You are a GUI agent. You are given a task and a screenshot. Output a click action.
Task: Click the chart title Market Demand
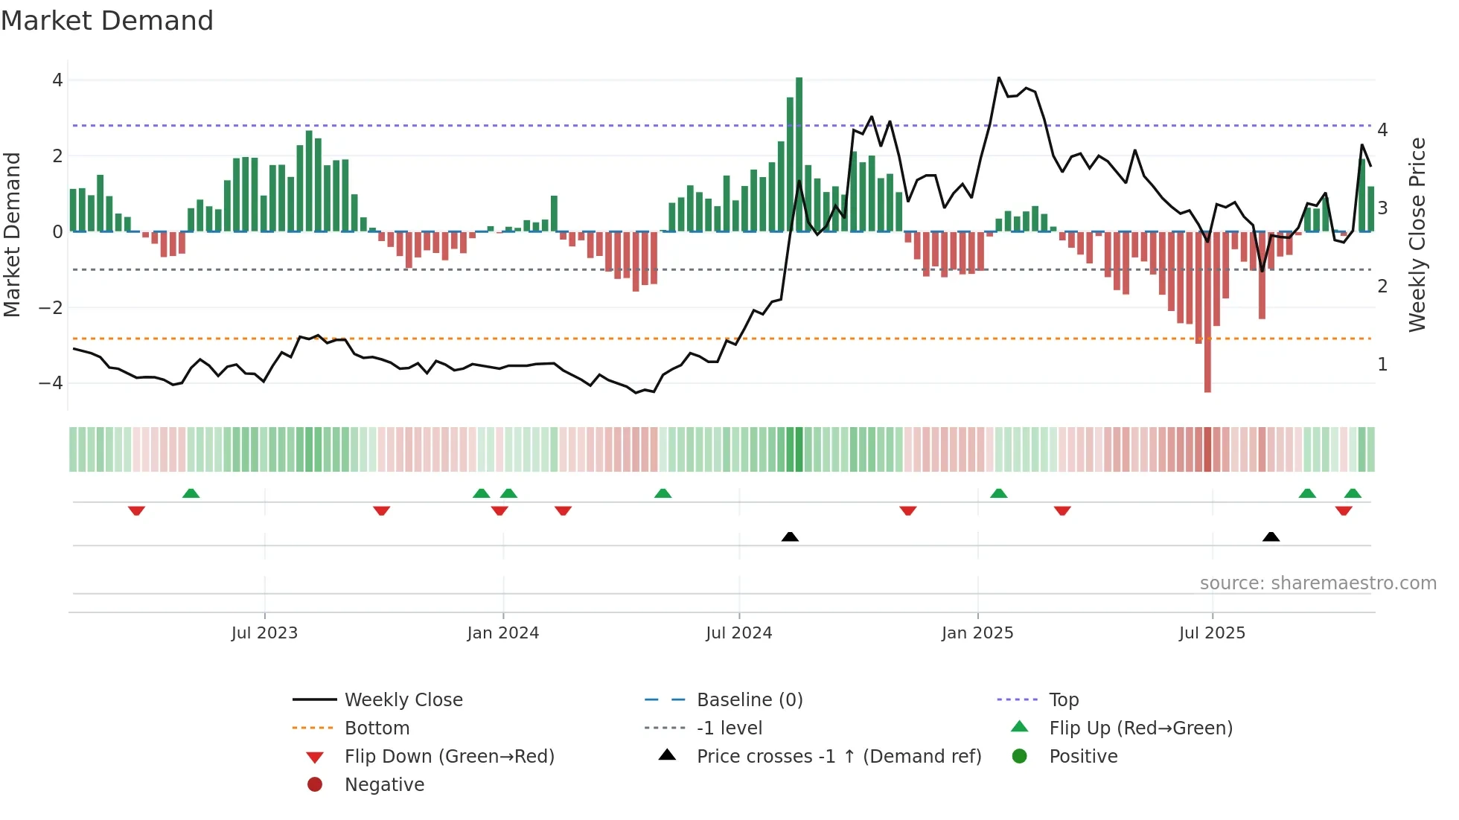pyautogui.click(x=107, y=21)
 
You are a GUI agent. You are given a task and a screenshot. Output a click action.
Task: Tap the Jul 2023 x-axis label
pyautogui.click(x=264, y=633)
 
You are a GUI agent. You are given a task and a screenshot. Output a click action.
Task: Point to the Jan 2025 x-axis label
pyautogui.click(x=977, y=633)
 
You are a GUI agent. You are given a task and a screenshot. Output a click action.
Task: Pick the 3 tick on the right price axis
pyautogui.click(x=1382, y=208)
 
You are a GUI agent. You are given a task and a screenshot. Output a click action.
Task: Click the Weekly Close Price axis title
pyautogui.click(x=1417, y=234)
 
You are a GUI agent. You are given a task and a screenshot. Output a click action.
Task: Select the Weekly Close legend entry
pyautogui.click(x=403, y=700)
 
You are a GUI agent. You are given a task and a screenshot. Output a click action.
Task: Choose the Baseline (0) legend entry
pyautogui.click(x=750, y=700)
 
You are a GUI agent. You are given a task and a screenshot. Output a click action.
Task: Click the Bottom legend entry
pyautogui.click(x=377, y=728)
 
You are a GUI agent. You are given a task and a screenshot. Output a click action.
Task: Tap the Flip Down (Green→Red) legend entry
pyautogui.click(x=449, y=757)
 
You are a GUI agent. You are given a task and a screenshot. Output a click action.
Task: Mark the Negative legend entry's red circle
pyautogui.click(x=315, y=785)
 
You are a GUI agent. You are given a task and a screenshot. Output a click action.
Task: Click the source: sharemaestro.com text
pyautogui.click(x=1318, y=583)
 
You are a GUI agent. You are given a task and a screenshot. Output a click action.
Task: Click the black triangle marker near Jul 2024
pyautogui.click(x=790, y=536)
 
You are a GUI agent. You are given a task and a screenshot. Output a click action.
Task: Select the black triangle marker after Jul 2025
pyautogui.click(x=1271, y=536)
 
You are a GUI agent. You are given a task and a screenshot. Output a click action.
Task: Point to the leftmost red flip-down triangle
pyautogui.click(x=136, y=510)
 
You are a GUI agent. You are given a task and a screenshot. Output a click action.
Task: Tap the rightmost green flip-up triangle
pyautogui.click(x=1353, y=493)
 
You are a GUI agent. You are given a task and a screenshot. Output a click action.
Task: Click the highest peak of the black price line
pyautogui.click(x=999, y=77)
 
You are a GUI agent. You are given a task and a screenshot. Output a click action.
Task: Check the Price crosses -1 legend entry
pyautogui.click(x=839, y=757)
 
